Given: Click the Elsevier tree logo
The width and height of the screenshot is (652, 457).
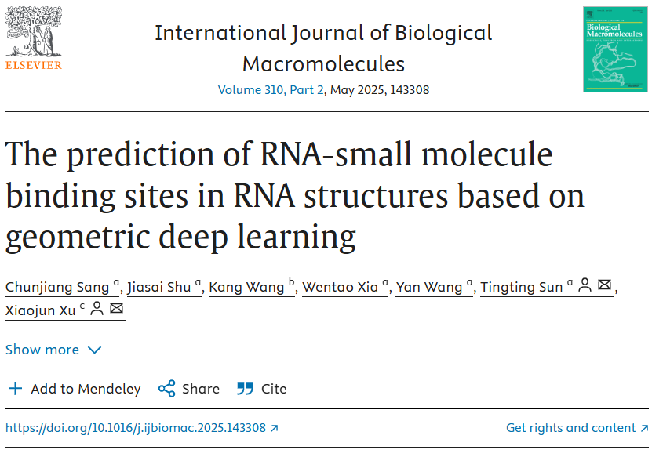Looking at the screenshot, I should (33, 33).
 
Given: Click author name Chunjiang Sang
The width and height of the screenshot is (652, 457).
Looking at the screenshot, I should (57, 287).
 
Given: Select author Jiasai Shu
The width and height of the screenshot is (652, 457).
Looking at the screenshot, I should (159, 287).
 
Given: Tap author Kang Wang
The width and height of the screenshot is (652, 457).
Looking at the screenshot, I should (246, 287).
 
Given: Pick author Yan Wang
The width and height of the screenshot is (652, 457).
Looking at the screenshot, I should (429, 287).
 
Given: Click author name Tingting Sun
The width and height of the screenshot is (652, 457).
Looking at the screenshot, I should (522, 287).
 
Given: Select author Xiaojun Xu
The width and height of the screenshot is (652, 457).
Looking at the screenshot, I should (41, 310).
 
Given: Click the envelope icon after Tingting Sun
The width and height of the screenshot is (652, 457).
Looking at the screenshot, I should (605, 286).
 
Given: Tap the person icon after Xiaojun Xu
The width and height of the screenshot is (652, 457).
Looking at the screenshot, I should (97, 309).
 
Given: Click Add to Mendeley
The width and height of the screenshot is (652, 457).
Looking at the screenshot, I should (75, 389).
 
